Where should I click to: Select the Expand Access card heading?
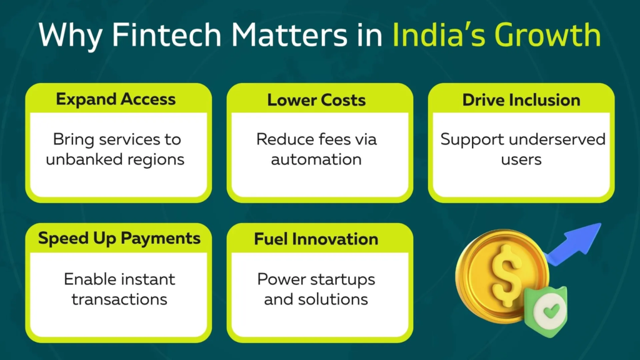coord(116,99)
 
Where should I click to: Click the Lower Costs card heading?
coord(316,100)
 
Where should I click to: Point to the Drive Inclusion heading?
coord(521,100)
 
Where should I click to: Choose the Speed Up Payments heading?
coord(119,239)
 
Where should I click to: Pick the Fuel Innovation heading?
coord(316,239)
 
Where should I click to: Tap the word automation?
coord(316,159)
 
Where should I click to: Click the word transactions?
coord(119,299)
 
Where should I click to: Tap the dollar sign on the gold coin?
coord(506,275)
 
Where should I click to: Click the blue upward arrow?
coord(574,244)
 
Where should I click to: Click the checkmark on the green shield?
coord(551,311)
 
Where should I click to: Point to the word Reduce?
coord(284,139)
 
